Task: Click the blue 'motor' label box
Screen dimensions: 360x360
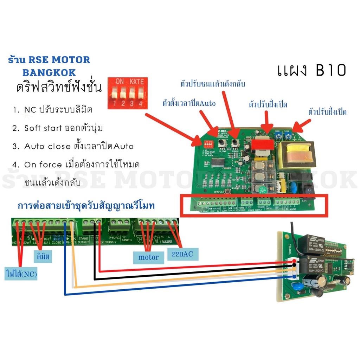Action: pyautogui.click(x=148, y=257)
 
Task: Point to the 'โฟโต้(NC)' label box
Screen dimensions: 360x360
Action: pyautogui.click(x=21, y=272)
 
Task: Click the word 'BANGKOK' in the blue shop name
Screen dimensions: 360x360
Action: pyautogui.click(x=49, y=72)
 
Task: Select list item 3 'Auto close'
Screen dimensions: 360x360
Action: pyautogui.click(x=74, y=146)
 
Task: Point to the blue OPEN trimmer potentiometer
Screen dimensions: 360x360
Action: pyautogui.click(x=278, y=135)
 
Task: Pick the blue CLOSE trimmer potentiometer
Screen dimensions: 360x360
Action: pyautogui.click(x=288, y=135)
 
